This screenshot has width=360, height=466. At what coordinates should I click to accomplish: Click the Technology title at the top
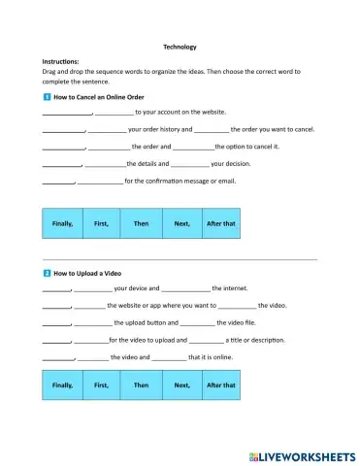[180, 46]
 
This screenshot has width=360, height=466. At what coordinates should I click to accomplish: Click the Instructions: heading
[63, 61]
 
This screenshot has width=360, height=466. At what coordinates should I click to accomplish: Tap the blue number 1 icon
[47, 98]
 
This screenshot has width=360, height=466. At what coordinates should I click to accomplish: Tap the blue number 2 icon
[47, 274]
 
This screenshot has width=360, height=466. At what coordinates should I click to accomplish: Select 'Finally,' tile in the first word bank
[62, 223]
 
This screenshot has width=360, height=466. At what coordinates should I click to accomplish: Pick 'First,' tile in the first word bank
[101, 223]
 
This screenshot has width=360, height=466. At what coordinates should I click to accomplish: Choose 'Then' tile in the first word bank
[141, 223]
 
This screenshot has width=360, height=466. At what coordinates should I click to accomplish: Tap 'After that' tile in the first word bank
[220, 223]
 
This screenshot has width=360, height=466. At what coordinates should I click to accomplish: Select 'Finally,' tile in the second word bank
[62, 385]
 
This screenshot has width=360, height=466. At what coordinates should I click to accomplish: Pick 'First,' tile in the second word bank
[101, 385]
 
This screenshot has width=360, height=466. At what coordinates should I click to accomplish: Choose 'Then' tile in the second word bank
[141, 385]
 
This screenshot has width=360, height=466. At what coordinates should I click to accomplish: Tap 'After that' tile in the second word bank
[220, 385]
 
